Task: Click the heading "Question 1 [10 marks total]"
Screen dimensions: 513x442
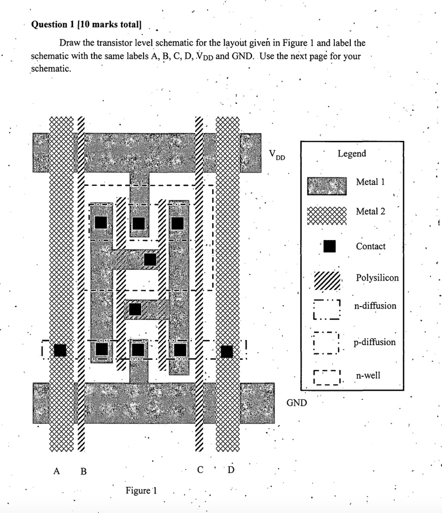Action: tap(87, 24)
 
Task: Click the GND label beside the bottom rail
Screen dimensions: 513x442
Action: tap(296, 402)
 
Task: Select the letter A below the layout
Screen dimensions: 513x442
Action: tap(57, 471)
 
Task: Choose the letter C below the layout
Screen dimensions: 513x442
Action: tap(200, 470)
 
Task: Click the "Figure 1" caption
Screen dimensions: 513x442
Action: tap(142, 490)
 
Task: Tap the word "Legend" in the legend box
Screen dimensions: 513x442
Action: tap(351, 154)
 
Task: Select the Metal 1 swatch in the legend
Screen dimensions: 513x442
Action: tap(326, 185)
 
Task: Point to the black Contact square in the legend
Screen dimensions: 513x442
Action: tap(328, 246)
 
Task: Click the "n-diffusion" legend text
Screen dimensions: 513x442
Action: tap(375, 306)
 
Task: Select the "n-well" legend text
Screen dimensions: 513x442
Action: tap(368, 375)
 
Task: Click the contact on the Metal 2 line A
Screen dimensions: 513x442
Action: tap(60, 351)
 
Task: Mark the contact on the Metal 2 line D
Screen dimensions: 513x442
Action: tap(227, 352)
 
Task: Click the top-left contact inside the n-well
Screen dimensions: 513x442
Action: tap(101, 222)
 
